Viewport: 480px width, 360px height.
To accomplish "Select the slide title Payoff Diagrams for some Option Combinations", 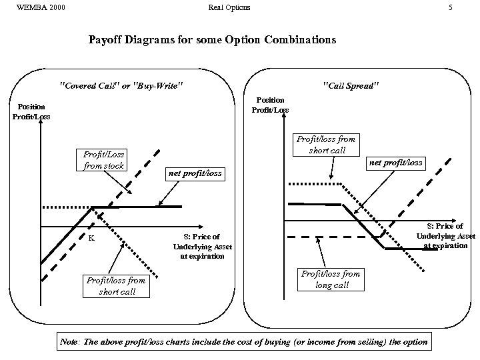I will (x=212, y=40).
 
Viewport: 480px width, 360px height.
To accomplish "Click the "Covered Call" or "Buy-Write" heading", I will (x=121, y=86).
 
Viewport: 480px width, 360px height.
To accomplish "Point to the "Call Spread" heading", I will (x=350, y=86).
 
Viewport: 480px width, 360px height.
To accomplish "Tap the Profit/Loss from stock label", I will (x=104, y=160).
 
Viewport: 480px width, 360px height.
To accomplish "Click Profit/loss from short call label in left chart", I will (x=115, y=285).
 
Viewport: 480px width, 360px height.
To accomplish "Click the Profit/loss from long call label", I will (x=331, y=279).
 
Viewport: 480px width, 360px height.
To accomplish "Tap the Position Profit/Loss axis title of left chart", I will (x=31, y=111).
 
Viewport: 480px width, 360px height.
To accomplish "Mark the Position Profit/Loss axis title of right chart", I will (x=270, y=105).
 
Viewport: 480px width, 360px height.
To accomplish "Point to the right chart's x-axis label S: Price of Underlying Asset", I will (x=446, y=235).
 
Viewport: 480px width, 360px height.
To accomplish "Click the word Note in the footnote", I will (x=69, y=342).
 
